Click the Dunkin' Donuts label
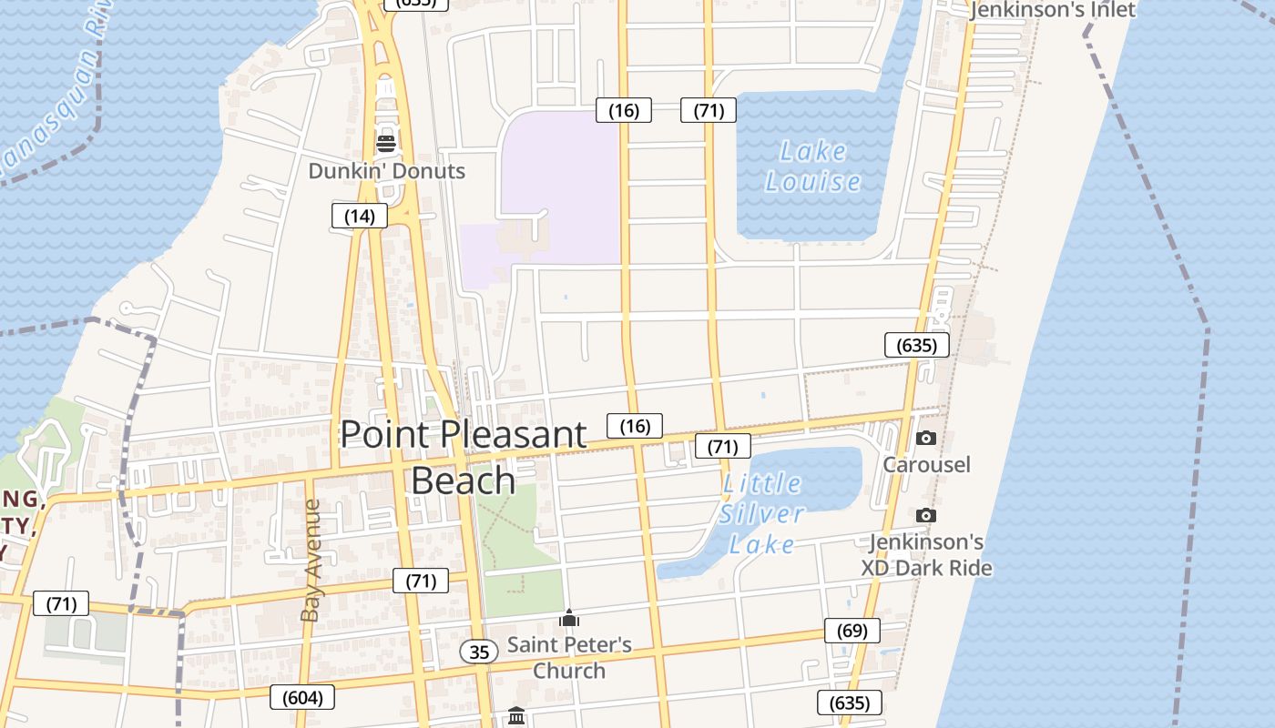coord(386,171)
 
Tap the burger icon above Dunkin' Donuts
coord(386,143)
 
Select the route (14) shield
coord(359,216)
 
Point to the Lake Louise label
coord(812,167)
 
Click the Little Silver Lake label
coord(761,514)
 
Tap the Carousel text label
coord(926,464)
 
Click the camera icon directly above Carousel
coord(925,438)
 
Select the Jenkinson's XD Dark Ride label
coord(926,555)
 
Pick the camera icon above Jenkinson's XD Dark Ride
coord(925,515)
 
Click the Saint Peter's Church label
coord(569,657)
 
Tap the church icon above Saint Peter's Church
coord(569,619)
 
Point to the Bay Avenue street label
coord(311,560)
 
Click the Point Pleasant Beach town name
coord(464,457)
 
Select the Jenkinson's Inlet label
coord(1052,10)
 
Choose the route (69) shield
coord(852,630)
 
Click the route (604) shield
coord(302,697)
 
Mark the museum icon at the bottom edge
coord(516,716)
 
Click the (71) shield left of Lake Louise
coord(709,110)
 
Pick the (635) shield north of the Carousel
coord(916,345)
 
